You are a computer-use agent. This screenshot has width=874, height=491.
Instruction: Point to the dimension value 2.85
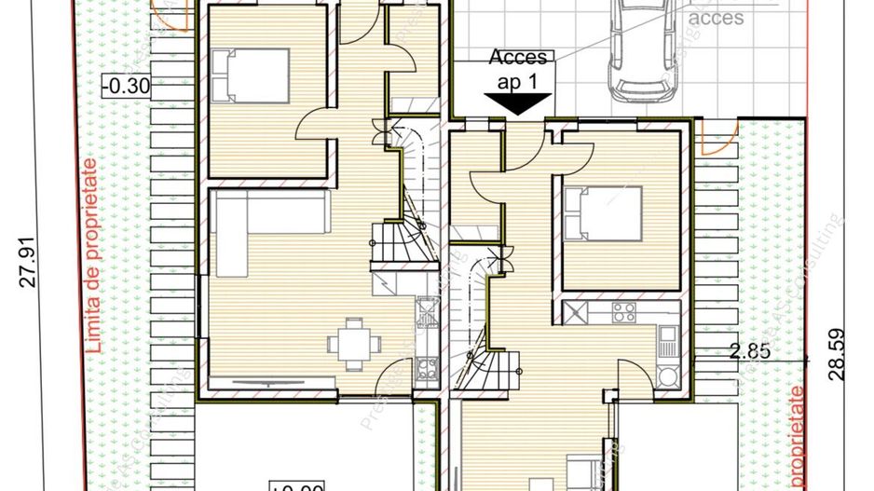pyautogui.click(x=747, y=351)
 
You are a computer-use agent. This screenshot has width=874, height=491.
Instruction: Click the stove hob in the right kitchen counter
pyautogui.click(x=623, y=311)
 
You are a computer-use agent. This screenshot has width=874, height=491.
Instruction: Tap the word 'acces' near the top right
pyautogui.click(x=717, y=17)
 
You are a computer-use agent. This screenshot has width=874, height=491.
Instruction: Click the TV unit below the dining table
pyautogui.click(x=273, y=382)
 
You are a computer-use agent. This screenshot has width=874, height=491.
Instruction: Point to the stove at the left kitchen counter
pyautogui.click(x=428, y=369)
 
